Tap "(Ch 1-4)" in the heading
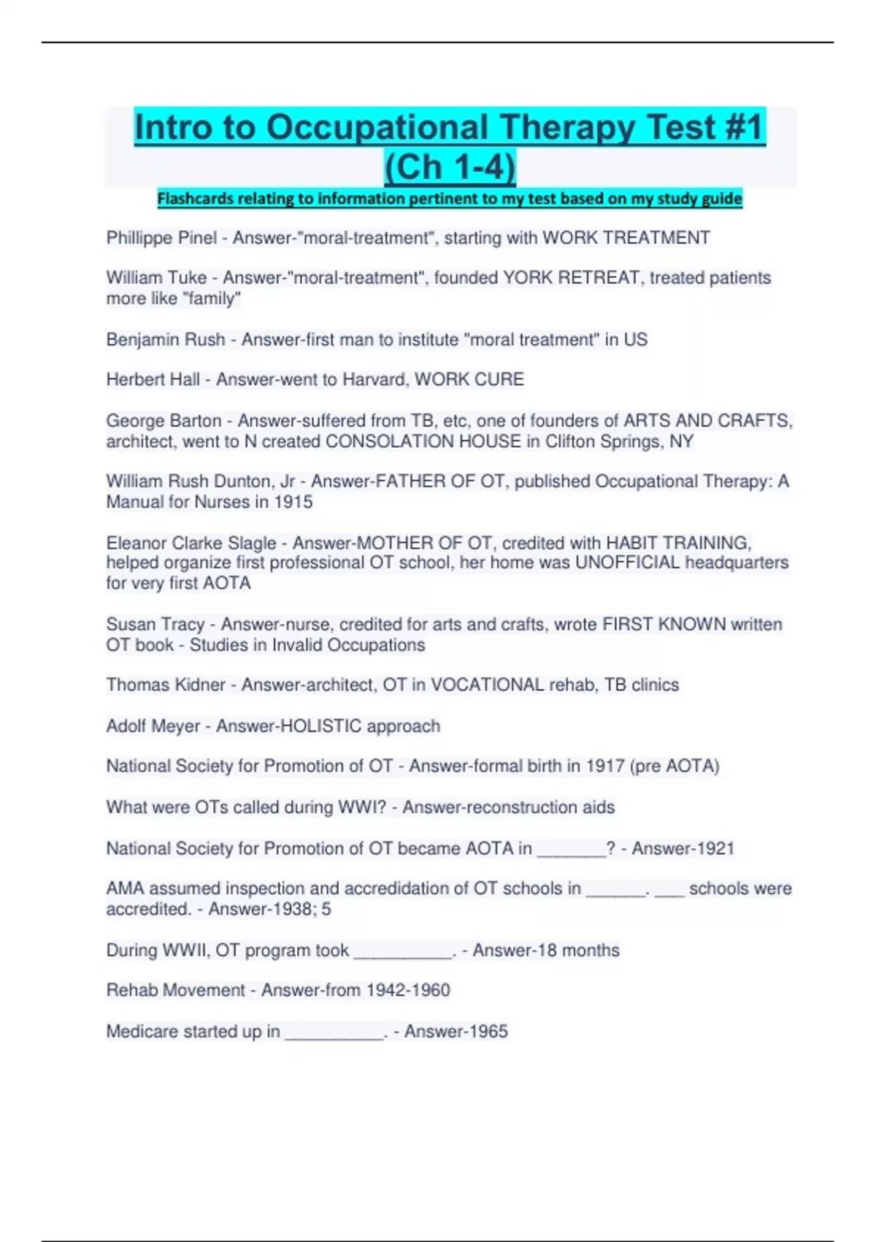point(450,167)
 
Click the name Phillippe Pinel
point(161,238)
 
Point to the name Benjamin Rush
point(166,340)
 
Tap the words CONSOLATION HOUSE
point(423,442)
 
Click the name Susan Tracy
point(155,625)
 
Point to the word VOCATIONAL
point(487,685)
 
